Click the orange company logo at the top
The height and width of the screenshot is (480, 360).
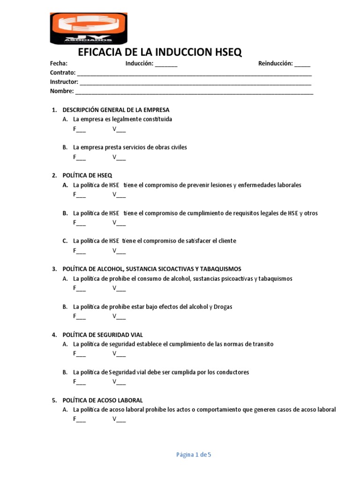click(88, 28)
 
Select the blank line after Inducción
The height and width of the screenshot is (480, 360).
click(166, 64)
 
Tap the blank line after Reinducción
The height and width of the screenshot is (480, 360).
click(302, 64)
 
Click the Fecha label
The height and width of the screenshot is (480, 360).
click(59, 64)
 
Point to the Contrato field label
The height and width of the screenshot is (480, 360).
click(62, 73)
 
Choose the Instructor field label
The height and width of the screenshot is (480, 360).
click(64, 82)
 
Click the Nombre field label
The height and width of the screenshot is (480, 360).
click(61, 91)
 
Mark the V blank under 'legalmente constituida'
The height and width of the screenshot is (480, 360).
click(121, 129)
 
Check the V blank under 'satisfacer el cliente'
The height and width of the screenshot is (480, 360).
click(121, 251)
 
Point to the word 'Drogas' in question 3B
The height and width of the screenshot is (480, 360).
click(223, 307)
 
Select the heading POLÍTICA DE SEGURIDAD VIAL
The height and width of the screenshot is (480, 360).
click(103, 335)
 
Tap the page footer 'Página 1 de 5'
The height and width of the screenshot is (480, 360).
click(194, 454)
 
